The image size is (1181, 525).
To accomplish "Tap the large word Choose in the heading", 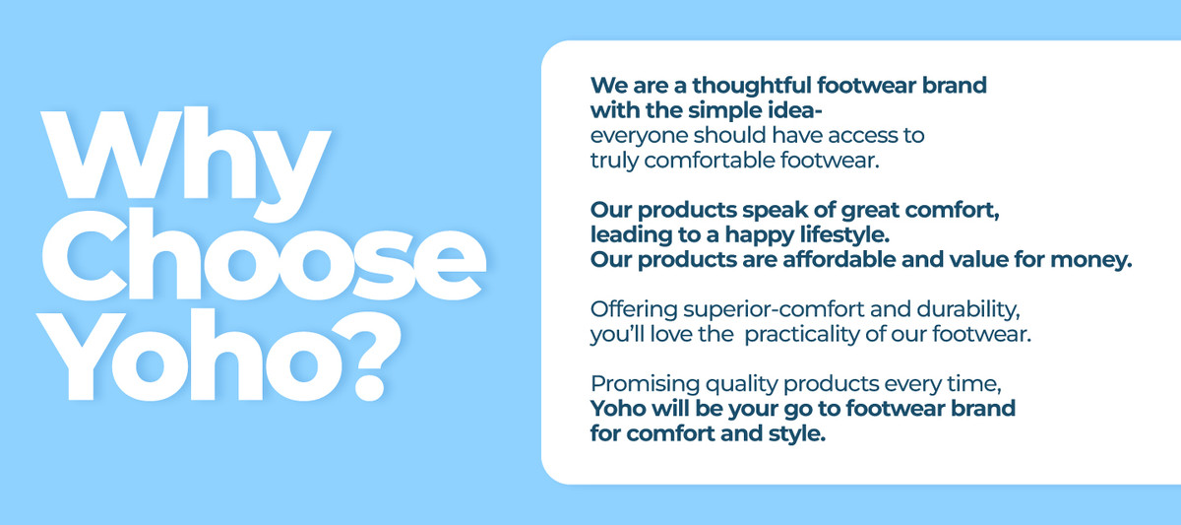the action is (264, 255).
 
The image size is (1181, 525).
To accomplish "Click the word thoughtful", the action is (752, 86).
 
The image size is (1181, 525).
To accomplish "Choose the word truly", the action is (614, 161).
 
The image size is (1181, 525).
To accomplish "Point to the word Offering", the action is (634, 309).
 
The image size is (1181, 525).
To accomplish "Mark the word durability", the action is (968, 309).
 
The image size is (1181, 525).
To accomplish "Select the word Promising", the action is (646, 384).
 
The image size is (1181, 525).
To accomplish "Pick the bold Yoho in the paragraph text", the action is (618, 409).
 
